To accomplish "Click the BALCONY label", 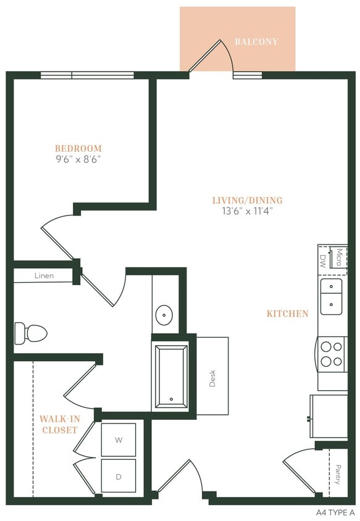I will point(256,42).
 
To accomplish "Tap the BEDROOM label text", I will point(78,148).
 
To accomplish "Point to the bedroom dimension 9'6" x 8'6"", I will point(78,159).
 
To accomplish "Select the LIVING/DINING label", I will point(247,200).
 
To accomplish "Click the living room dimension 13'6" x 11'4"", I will point(247,211).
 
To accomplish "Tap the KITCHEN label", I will point(287,314).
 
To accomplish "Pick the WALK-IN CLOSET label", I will point(60,424).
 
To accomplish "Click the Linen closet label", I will point(44,276).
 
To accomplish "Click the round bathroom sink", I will point(164,314).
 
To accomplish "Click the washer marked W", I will point(118,440).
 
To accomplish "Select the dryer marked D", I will point(118,476).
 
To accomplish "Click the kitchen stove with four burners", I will point(332,354).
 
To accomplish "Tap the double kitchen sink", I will point(331,296).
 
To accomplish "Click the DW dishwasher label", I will point(322,260).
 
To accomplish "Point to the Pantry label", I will point(338,475).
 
